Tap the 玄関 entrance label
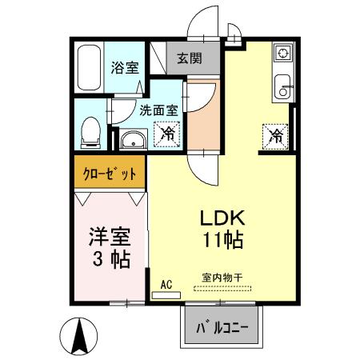188,58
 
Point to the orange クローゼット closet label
110,173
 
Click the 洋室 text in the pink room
107,238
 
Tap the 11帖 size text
222,239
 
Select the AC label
166,283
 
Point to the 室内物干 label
222,277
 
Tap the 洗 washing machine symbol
168,133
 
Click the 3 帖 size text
107,259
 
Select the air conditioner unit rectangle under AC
166,294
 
